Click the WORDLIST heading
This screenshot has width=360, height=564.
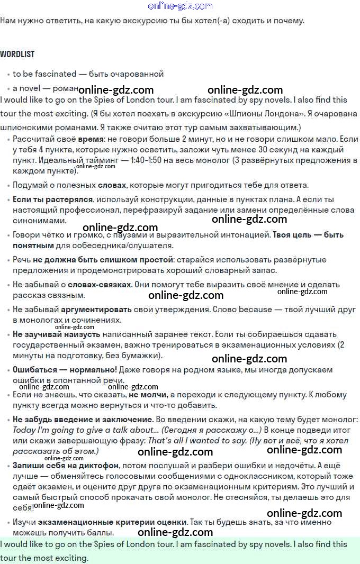(17, 54)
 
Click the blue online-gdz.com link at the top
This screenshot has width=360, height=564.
(180, 6)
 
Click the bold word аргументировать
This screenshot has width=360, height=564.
(96, 309)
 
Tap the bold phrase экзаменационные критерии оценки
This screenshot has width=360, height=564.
(112, 522)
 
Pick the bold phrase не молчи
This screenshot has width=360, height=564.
(148, 395)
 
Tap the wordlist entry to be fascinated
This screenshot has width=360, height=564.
(42, 74)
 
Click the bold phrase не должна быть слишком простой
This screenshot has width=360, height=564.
(103, 260)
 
